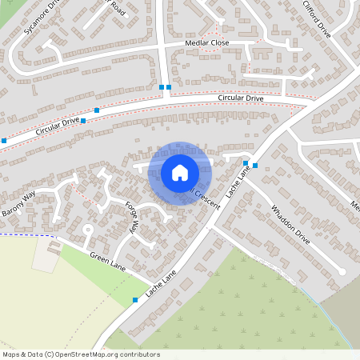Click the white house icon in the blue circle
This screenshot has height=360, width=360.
[180, 173]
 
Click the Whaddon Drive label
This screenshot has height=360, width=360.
[290, 226]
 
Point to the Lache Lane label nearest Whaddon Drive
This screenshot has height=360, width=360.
[238, 182]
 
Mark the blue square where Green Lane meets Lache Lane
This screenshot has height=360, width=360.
[135, 300]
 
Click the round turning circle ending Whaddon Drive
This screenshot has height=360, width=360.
[342, 272]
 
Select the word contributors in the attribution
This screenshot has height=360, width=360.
[139, 354]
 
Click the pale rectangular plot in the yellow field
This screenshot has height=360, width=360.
[46, 254]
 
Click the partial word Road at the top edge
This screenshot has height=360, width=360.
[118, 6]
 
